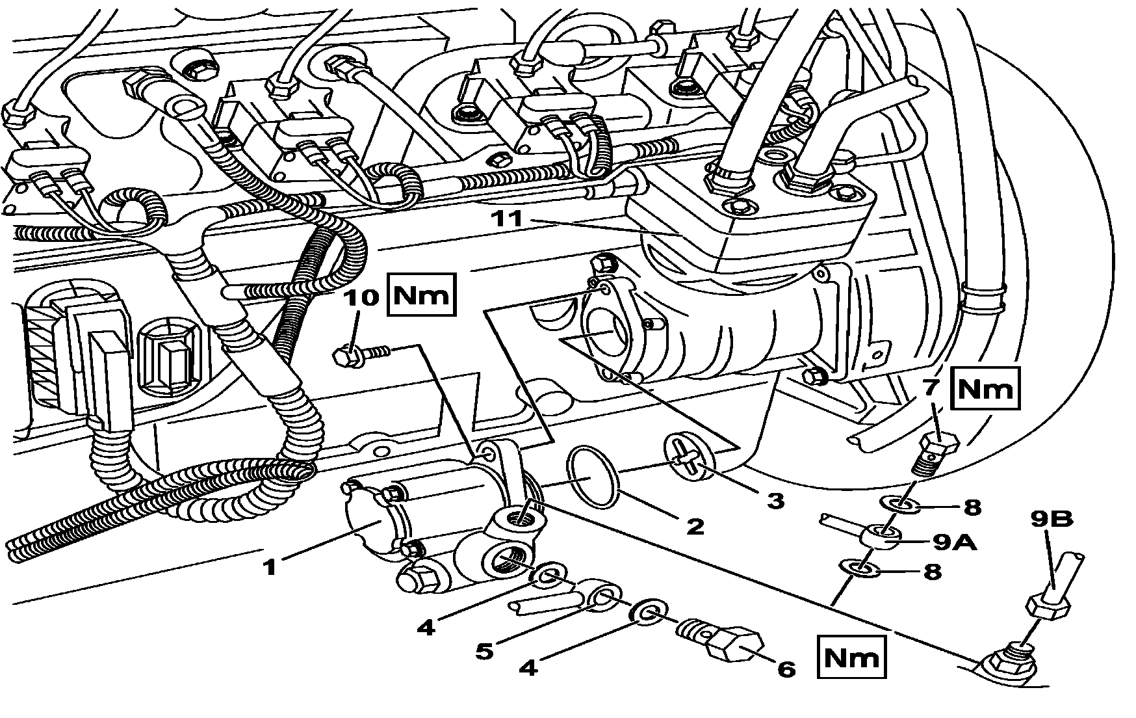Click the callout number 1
tap(270, 567)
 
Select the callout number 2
tap(695, 525)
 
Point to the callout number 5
tap(484, 650)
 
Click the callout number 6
tap(786, 669)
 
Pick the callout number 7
tap(931, 388)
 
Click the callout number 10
tap(361, 298)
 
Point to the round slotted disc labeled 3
tap(690, 460)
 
